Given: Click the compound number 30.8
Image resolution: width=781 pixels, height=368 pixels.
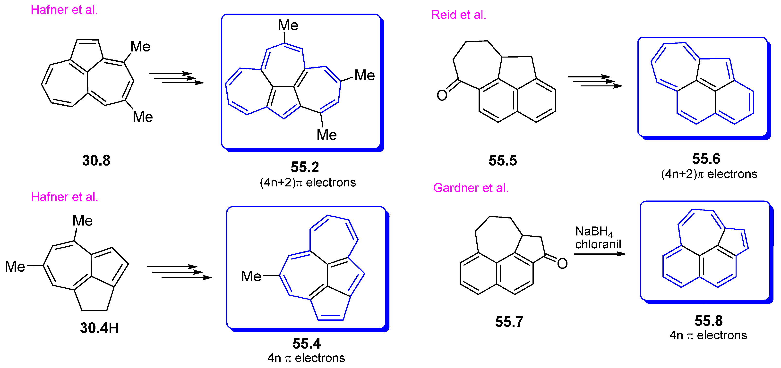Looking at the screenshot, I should [x=96, y=160].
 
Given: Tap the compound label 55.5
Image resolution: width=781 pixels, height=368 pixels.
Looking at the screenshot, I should [x=503, y=160].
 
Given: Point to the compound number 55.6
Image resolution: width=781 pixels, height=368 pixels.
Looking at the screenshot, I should [x=706, y=159].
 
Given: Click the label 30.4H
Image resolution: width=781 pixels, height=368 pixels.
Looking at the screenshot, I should [x=99, y=328].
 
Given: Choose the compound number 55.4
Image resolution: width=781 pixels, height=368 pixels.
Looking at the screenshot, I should [x=307, y=343].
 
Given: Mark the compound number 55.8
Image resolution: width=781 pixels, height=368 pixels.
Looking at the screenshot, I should [x=709, y=321].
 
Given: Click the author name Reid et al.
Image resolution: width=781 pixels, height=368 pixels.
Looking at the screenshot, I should [x=459, y=15].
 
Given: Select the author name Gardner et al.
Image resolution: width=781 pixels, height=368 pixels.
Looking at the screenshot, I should [x=471, y=188].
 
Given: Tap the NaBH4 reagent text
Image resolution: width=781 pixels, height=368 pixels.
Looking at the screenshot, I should [x=594, y=232].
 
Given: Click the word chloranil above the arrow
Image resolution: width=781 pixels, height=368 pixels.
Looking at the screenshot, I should [x=598, y=244].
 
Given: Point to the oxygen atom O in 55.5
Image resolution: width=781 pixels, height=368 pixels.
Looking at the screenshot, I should [x=442, y=95].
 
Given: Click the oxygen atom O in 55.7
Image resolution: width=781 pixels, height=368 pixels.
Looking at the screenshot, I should [x=562, y=264].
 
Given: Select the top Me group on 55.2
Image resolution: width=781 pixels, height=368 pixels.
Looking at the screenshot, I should [x=288, y=25].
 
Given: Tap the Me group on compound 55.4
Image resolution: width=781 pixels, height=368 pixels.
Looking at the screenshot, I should [x=251, y=276].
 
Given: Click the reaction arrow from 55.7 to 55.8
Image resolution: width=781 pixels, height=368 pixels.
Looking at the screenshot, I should [x=600, y=254].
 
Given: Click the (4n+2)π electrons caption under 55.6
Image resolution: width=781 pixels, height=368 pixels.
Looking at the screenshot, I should [x=709, y=174].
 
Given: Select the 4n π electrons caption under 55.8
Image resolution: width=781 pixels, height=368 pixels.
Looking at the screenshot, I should [x=708, y=335].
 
